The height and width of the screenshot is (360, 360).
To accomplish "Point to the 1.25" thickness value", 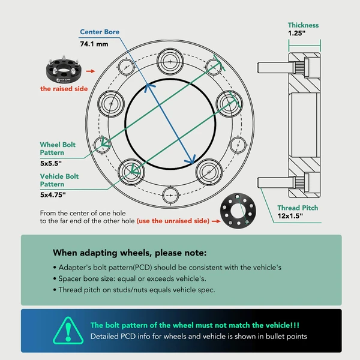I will [x=298, y=35].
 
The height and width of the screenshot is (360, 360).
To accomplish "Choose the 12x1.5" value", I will [x=290, y=217].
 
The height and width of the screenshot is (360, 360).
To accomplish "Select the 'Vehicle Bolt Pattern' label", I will [x=59, y=181].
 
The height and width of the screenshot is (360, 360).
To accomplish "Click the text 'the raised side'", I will [x=64, y=89].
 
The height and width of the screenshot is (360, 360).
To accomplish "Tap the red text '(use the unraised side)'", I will [x=173, y=221].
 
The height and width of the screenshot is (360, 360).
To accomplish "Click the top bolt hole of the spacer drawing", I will [x=170, y=62].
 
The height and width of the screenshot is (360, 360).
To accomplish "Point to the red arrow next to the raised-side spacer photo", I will [x=91, y=71].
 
